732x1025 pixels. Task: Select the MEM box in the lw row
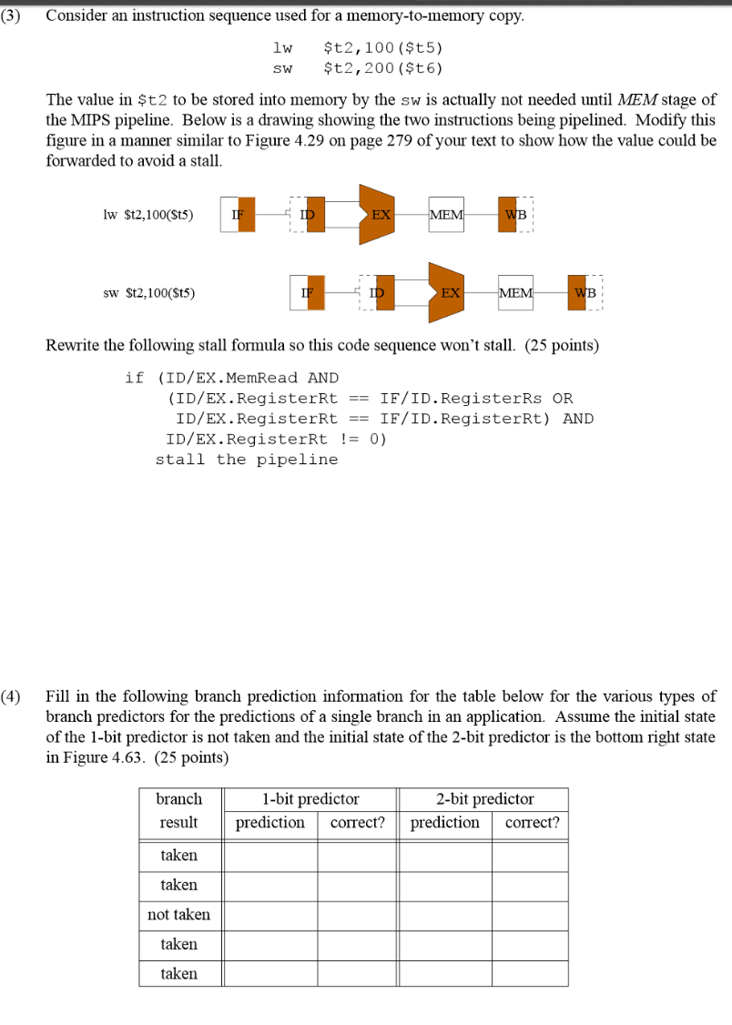pyautogui.click(x=446, y=215)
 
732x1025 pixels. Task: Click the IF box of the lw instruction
pyautogui.click(x=238, y=215)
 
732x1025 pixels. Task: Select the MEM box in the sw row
pyautogui.click(x=516, y=292)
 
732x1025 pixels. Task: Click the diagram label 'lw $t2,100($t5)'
pyautogui.click(x=148, y=216)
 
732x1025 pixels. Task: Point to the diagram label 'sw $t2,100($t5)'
pyautogui.click(x=148, y=293)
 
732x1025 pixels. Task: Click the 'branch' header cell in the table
pyautogui.click(x=179, y=799)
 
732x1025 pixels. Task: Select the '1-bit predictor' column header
pyautogui.click(x=310, y=799)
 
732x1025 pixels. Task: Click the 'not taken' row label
pyautogui.click(x=179, y=915)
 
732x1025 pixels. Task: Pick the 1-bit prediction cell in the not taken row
pyautogui.click(x=270, y=915)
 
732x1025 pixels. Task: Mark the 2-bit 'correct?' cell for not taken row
pyautogui.click(x=531, y=915)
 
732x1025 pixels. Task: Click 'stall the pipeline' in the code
pyautogui.click(x=246, y=459)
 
